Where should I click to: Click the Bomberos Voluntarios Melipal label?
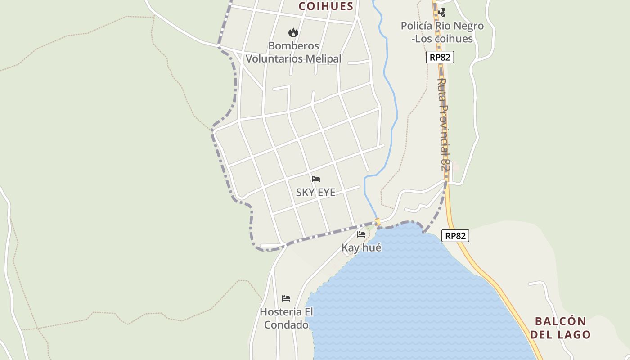[x=293, y=52]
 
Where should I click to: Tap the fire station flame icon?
[x=293, y=32]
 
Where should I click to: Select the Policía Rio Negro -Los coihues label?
[x=442, y=32]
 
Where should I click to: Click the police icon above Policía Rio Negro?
[x=442, y=13]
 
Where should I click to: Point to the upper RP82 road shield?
[x=440, y=57]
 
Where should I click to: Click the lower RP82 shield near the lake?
[x=455, y=236]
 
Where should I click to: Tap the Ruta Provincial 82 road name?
[x=444, y=125]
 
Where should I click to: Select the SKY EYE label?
[x=315, y=193]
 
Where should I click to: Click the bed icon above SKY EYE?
[x=316, y=179]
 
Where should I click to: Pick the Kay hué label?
[x=361, y=247]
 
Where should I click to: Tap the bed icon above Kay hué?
[x=361, y=234]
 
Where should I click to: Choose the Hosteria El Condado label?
[x=286, y=318]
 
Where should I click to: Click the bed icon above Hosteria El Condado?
[x=286, y=298]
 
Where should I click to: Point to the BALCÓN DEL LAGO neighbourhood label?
[x=560, y=328]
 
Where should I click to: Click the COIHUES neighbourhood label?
[x=326, y=6]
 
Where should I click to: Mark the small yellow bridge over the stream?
[x=378, y=221]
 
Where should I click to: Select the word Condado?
[x=286, y=324]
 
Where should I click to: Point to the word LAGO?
[x=573, y=334]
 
